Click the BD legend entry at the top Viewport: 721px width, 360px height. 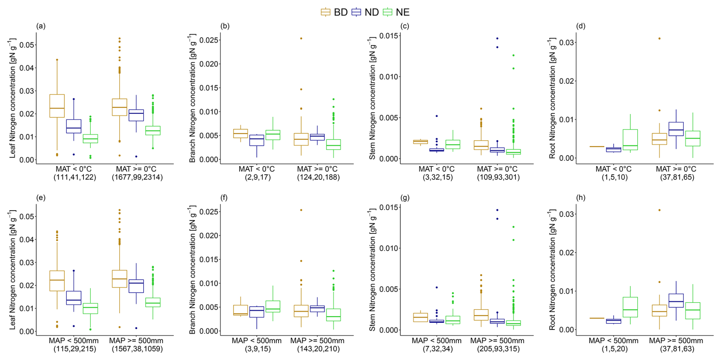[x=334, y=12]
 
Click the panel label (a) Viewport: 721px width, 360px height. [x=41, y=26]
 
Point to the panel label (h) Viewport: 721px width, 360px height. [x=581, y=197]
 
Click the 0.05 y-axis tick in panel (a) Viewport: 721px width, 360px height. [x=27, y=45]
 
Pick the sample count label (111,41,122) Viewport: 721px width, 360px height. [x=75, y=177]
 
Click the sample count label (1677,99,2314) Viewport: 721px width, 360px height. [x=137, y=177]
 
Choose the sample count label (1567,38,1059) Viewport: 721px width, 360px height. [x=137, y=349]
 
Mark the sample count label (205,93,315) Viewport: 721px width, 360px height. [x=498, y=349]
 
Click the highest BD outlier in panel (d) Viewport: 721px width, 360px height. [x=659, y=38]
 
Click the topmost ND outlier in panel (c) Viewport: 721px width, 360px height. [x=497, y=38]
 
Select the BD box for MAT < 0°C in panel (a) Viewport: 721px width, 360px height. [x=57, y=106]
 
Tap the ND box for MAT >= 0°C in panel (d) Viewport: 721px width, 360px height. [x=676, y=129]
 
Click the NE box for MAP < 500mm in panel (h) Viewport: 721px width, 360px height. [x=630, y=307]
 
